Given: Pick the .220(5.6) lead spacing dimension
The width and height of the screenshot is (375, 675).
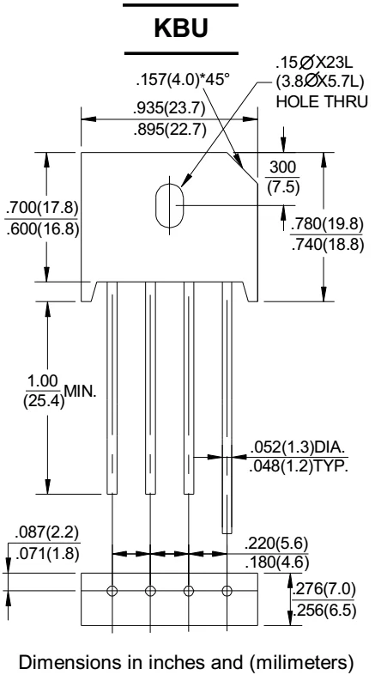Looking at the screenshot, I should pos(276,543).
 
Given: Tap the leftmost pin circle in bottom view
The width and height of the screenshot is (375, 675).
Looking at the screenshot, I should pos(112,591).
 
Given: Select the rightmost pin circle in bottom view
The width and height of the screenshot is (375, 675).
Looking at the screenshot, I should pos(227,591).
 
